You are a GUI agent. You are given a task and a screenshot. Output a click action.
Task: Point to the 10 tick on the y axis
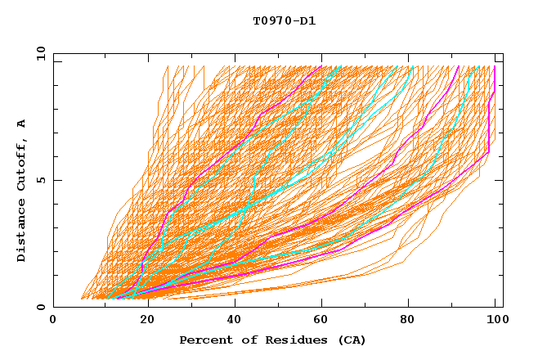pos(40,53)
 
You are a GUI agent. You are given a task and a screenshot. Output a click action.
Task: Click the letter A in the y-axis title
pos(22,124)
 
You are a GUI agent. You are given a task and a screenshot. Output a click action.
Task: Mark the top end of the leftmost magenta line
pos(321,66)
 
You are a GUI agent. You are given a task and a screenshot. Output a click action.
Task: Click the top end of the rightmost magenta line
pos(494,66)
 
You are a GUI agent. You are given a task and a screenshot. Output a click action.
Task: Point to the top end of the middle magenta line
pos(459,66)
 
